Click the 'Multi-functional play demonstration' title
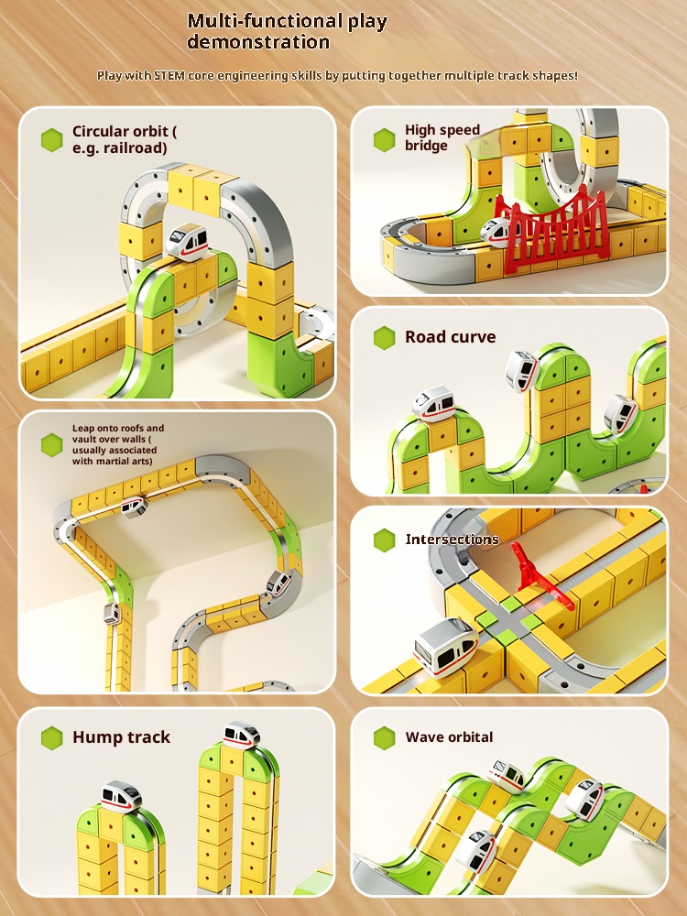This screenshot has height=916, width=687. [287, 31]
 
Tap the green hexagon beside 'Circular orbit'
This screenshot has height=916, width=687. [52, 140]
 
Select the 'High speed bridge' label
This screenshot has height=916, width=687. [442, 137]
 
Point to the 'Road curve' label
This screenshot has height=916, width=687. [450, 337]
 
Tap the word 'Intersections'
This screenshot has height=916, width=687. [452, 539]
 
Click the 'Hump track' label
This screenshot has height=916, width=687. [121, 736]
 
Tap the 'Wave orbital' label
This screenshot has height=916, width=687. [449, 736]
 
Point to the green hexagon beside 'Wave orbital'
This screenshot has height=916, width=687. [385, 737]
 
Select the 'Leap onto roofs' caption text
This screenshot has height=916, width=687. [117, 444]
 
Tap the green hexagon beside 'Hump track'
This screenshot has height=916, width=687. [52, 738]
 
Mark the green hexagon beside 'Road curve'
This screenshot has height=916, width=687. [385, 338]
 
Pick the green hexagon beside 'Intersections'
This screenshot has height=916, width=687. [385, 540]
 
